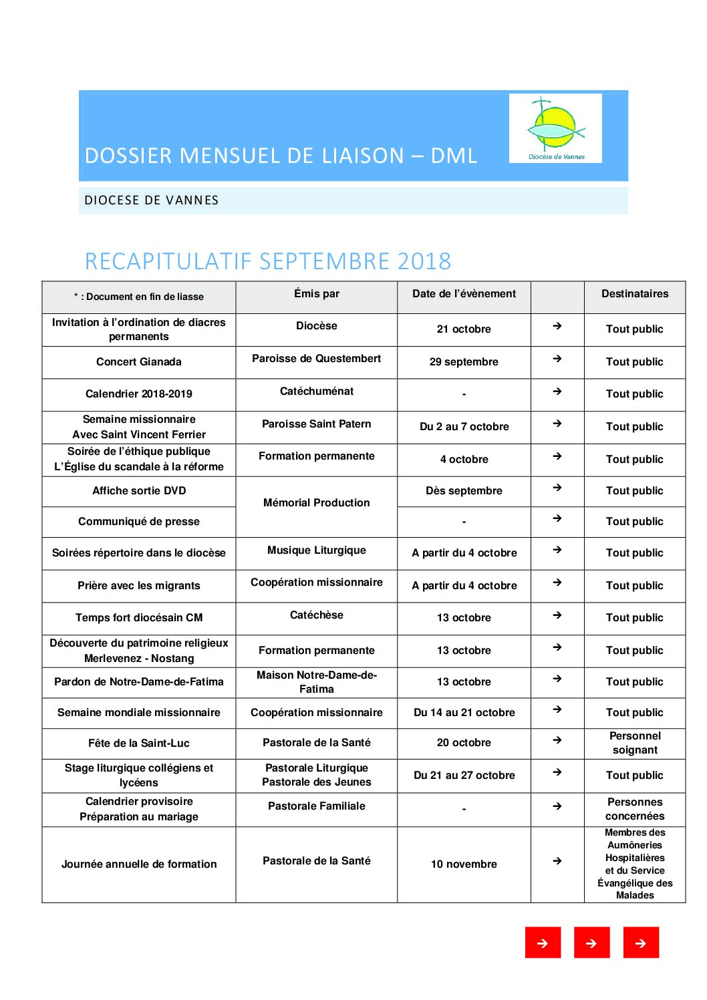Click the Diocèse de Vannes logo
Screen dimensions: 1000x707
(555, 128)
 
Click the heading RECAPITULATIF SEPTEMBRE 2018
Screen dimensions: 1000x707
(268, 261)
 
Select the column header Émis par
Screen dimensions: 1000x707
(317, 294)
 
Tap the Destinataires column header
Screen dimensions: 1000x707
(634, 294)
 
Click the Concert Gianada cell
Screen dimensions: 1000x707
(139, 362)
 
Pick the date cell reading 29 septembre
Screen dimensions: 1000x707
(464, 362)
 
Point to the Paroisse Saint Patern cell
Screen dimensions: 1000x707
(317, 424)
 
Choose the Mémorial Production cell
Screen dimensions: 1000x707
(317, 503)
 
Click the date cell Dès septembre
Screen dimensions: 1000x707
(464, 491)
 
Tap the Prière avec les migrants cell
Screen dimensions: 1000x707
(139, 586)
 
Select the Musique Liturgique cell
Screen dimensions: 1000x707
(317, 550)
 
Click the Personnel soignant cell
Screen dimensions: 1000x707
(635, 743)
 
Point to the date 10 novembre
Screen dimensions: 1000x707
(464, 864)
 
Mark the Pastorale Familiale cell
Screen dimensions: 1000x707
(317, 806)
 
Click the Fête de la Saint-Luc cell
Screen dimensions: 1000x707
(139, 743)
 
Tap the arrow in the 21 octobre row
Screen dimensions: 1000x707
(557, 326)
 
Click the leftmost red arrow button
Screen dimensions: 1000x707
(543, 943)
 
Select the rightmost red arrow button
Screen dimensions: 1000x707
(641, 943)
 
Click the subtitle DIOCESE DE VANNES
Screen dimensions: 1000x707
(152, 200)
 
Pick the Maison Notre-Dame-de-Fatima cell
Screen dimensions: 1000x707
(317, 682)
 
